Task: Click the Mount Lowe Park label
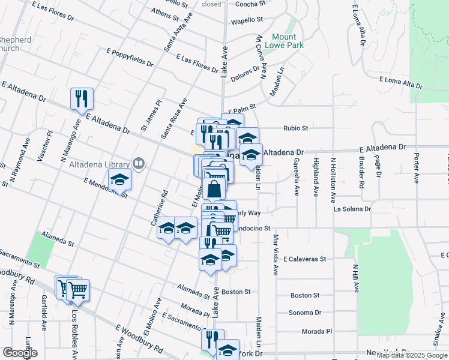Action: [288, 41]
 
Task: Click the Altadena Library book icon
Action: [139, 163]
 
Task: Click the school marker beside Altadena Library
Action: [119, 179]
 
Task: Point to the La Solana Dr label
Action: [352, 209]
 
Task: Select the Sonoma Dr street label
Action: [306, 313]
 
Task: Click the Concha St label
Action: [250, 4]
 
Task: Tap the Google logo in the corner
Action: [19, 353]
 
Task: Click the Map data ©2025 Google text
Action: [412, 355]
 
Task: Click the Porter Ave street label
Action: [416, 162]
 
